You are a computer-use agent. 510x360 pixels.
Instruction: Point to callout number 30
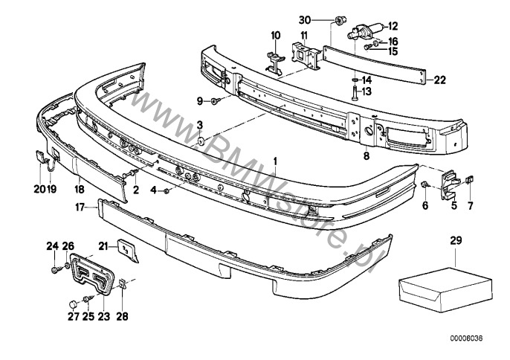click(x=325, y=19)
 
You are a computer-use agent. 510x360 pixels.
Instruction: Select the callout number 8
click(x=366, y=157)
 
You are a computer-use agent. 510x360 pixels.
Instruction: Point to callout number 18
click(x=80, y=190)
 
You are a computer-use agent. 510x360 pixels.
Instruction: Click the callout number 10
click(x=276, y=35)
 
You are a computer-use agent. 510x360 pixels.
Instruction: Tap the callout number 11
click(x=303, y=35)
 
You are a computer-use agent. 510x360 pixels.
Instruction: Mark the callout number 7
click(x=469, y=205)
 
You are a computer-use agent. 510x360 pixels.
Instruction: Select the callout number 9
click(x=201, y=100)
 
